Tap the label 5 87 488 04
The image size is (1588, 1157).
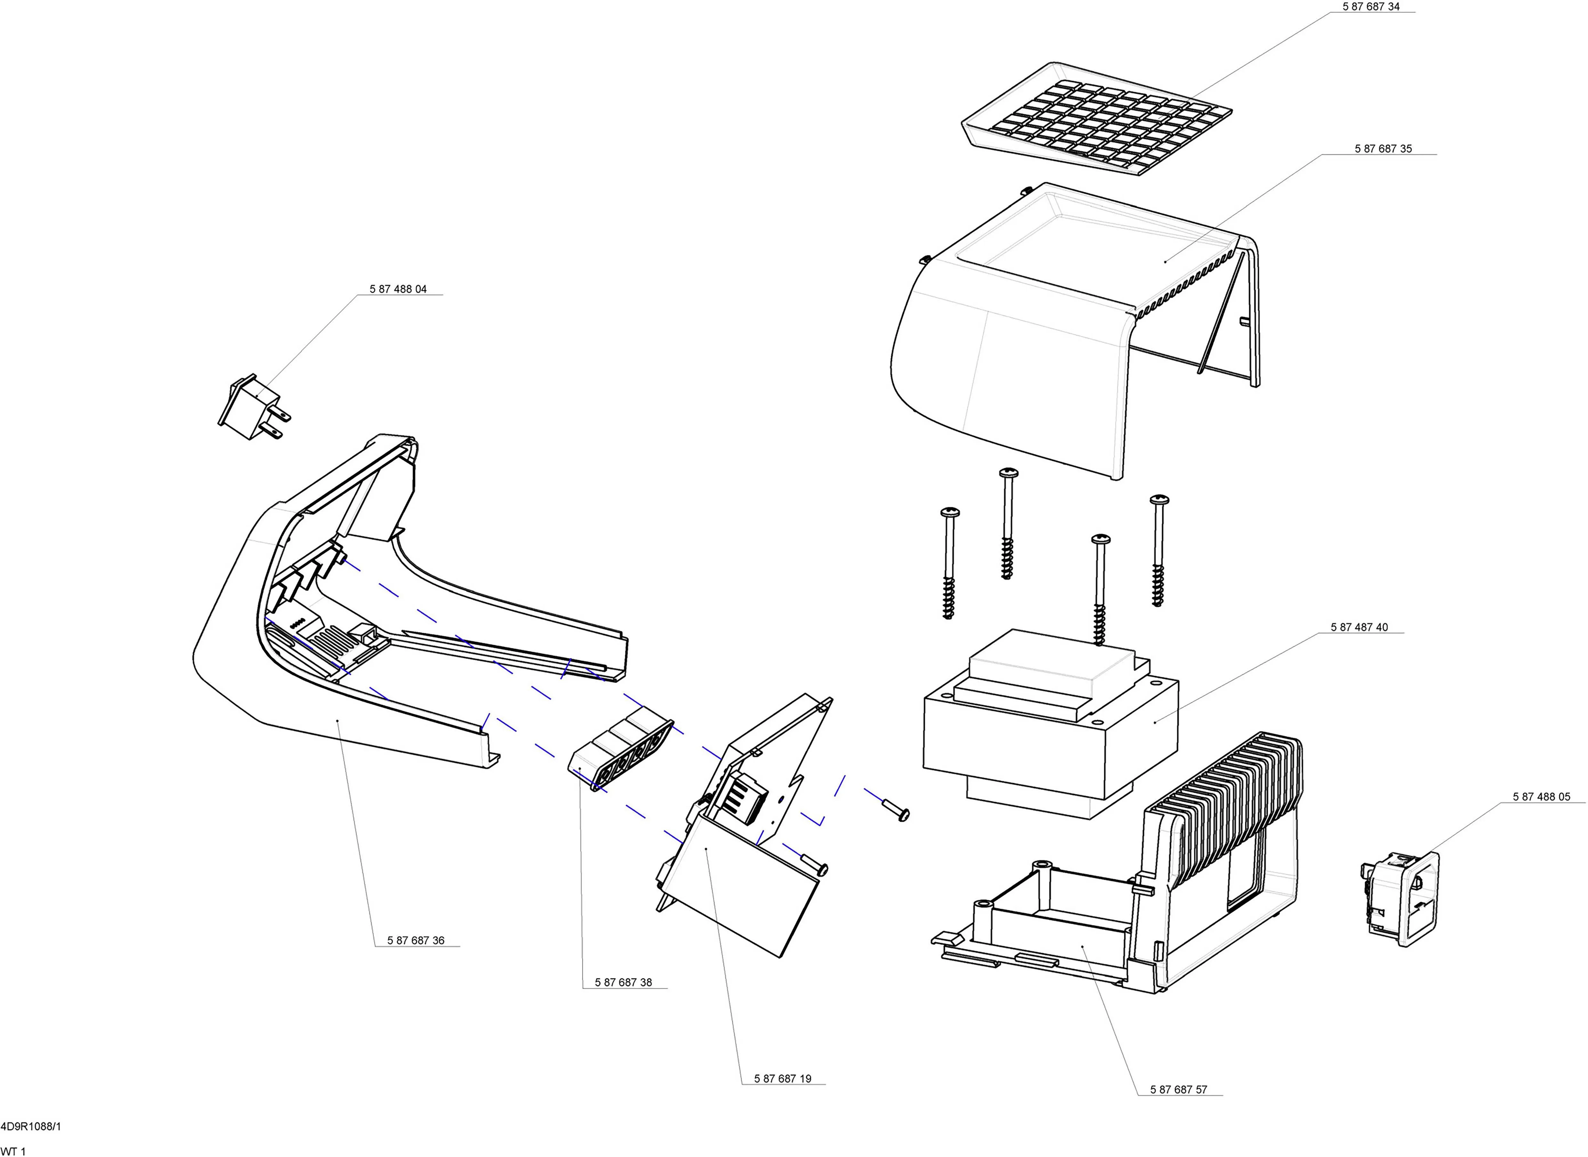pos(398,289)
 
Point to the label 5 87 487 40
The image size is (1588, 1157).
pos(1359,628)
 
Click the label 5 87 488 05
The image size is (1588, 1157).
pos(1541,797)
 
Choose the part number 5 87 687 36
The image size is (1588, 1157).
pos(415,940)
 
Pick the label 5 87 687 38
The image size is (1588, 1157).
pos(623,983)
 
